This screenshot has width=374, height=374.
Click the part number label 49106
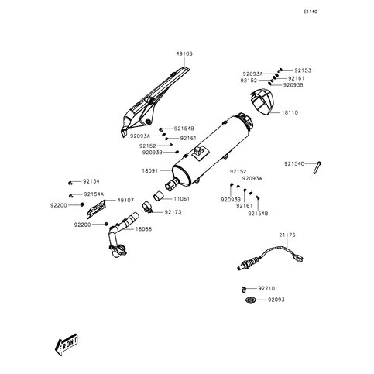(x=184, y=54)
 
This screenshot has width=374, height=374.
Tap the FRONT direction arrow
(x=67, y=345)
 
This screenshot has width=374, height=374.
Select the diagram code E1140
(x=311, y=12)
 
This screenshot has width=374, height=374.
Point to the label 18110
(x=290, y=112)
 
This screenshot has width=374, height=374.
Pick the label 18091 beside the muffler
(x=150, y=170)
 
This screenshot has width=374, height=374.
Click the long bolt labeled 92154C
(x=317, y=167)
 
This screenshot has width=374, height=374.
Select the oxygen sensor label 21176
(x=287, y=235)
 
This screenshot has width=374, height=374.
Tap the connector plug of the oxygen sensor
(x=299, y=258)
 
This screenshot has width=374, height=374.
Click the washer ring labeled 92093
(x=250, y=300)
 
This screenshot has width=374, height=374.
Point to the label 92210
(x=266, y=288)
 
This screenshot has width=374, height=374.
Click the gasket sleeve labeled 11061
(x=159, y=196)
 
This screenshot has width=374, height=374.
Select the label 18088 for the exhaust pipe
(x=143, y=229)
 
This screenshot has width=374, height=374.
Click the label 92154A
(x=92, y=194)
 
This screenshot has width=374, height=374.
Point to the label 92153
(x=303, y=70)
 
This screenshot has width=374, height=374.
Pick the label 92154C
(x=294, y=163)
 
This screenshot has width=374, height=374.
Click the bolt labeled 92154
(x=70, y=183)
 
